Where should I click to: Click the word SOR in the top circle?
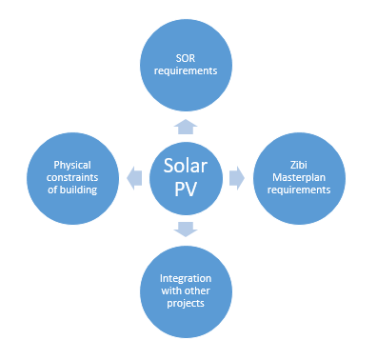point(186,58)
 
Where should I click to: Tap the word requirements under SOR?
point(186,70)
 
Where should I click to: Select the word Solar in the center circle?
point(186,166)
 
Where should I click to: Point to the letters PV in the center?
point(186,189)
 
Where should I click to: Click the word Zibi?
point(299,165)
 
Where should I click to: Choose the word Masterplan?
point(299,177)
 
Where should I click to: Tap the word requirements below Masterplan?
point(299,190)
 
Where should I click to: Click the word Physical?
point(72,165)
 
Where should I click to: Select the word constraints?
point(72,177)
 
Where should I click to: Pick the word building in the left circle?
point(78,190)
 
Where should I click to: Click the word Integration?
point(186,278)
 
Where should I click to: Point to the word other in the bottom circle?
point(198,290)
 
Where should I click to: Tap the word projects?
point(186,303)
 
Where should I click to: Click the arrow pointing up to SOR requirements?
point(186,127)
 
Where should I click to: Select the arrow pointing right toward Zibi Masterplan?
point(237,178)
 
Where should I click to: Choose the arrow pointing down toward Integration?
point(186,230)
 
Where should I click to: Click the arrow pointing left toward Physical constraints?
point(134,178)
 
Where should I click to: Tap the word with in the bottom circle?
point(172,290)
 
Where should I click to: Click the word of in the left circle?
point(52,190)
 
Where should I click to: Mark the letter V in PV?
point(191,189)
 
